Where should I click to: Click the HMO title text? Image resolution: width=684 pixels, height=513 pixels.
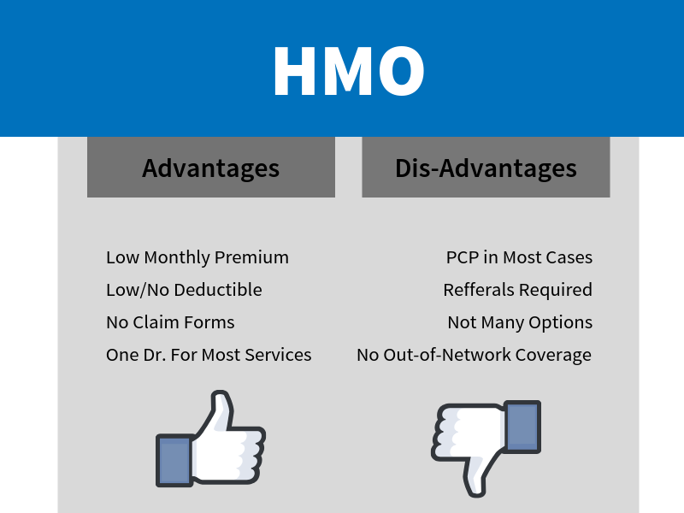349,71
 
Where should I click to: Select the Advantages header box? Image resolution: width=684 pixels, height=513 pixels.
211,167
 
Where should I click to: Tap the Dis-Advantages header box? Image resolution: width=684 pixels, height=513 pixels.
486,167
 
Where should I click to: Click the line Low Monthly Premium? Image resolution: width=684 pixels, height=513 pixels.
198,258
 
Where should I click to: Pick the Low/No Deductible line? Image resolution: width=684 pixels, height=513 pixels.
184,290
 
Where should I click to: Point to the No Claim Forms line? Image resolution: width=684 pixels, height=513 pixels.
170,322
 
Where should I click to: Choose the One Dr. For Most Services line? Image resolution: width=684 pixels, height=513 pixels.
209,355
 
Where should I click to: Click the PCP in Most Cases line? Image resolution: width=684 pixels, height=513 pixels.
519,257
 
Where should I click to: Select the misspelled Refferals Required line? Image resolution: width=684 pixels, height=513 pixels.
518,290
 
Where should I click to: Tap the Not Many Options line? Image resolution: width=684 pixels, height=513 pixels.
520,323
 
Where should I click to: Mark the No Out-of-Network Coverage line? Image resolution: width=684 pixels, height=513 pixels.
475,355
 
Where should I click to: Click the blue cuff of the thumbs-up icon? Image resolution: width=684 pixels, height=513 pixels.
174,460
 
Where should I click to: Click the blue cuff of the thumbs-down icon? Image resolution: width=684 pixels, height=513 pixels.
522,427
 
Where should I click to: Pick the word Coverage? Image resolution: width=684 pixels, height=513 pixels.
553,356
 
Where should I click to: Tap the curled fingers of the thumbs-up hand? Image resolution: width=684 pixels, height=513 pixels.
250,454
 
